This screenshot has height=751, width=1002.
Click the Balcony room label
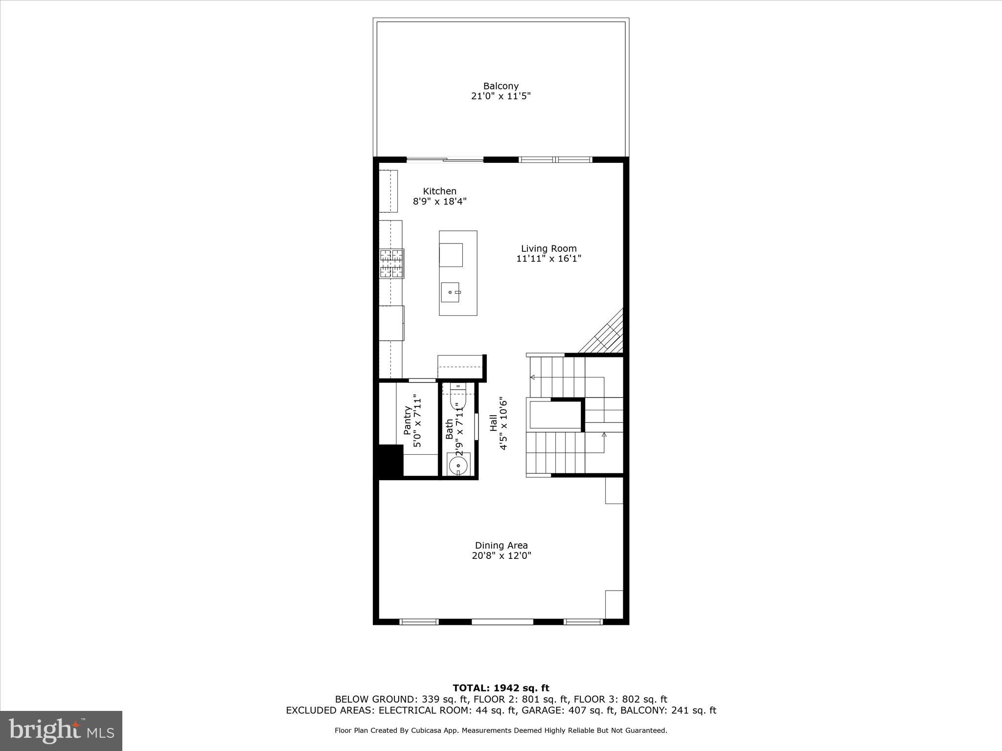501,86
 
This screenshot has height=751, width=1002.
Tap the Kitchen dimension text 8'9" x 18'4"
439,201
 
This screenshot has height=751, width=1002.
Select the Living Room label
548,248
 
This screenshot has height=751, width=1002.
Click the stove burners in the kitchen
392,264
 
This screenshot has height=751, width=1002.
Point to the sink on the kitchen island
450,292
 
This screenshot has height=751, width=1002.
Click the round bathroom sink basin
458,465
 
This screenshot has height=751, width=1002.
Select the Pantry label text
407,420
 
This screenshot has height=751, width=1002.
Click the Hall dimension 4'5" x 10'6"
503,423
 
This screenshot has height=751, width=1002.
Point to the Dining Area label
501,545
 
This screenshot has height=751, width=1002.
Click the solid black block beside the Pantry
389,460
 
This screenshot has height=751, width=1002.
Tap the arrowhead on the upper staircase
532,377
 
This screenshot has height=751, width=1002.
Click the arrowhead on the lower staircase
604,434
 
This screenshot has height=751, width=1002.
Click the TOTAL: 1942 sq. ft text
501,688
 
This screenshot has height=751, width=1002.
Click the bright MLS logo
61,731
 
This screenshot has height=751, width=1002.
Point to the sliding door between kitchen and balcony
445,159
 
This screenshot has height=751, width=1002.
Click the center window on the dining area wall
502,622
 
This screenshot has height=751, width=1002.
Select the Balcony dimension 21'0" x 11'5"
501,96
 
